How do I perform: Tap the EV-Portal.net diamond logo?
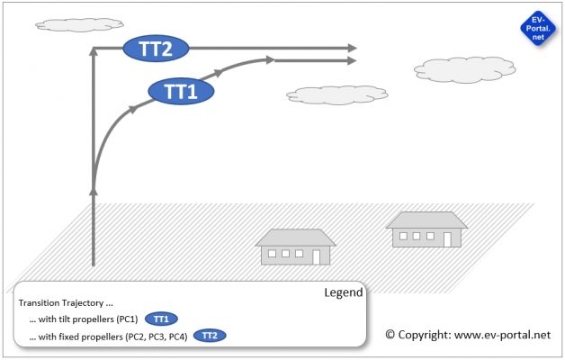537,31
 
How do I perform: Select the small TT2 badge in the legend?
210,335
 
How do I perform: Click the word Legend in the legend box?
343,292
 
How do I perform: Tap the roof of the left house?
296,238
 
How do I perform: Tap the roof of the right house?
426,220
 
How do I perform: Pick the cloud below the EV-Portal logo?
452,68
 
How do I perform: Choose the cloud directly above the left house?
336,94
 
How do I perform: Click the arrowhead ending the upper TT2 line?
352,48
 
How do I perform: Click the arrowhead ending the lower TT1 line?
352,61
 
